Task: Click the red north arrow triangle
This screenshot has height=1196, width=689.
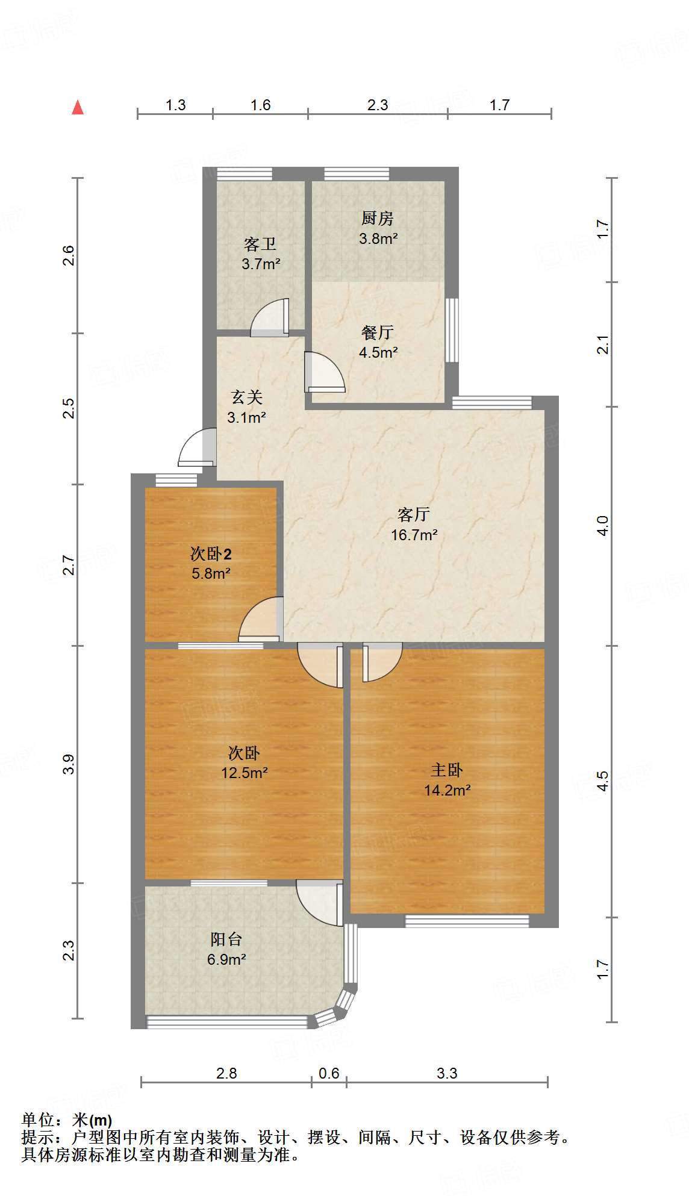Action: point(78,107)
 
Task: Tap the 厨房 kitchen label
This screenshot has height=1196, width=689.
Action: point(378,218)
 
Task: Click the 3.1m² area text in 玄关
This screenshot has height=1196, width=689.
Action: point(246,417)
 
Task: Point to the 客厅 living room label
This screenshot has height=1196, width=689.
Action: point(414,514)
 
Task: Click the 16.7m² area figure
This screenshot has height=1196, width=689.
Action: point(414,535)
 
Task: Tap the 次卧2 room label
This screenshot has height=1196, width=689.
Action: point(211,553)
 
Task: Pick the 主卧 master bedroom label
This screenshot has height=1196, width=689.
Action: point(447,770)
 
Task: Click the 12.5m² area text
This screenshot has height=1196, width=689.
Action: point(244,773)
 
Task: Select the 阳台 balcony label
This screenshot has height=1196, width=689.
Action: point(226,939)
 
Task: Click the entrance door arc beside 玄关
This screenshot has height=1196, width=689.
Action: point(196,447)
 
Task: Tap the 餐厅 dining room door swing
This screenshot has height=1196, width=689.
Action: point(325,372)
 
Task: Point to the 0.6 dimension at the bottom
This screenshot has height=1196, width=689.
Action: point(329,1073)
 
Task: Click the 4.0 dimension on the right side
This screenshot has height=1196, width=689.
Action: point(603,525)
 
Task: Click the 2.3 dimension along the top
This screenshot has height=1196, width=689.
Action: point(378,105)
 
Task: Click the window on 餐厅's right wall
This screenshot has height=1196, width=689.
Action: point(452,330)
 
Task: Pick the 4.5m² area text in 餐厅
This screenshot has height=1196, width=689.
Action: point(378,352)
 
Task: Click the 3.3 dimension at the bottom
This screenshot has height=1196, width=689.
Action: point(447,1073)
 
